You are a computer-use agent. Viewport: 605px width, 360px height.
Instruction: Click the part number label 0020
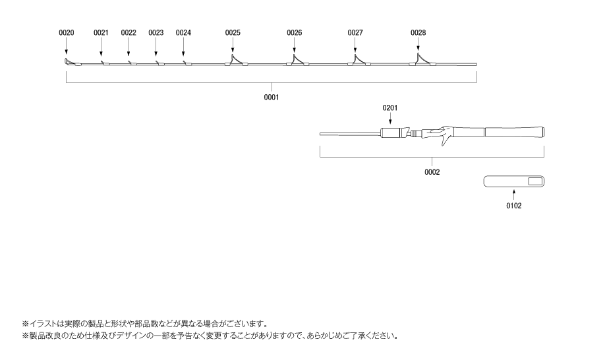coord(67,33)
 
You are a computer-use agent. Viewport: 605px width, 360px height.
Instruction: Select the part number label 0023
coord(156,33)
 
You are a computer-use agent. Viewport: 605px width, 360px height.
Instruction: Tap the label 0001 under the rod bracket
coord(272,97)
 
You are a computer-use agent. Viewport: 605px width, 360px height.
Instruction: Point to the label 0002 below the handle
coord(432,172)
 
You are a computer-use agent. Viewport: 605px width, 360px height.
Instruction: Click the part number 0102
coord(514,206)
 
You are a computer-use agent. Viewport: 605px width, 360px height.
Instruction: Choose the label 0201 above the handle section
coord(389,107)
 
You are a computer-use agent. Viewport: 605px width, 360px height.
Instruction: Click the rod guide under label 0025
coord(236,60)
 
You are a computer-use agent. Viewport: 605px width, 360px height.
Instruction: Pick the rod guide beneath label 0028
coord(422,59)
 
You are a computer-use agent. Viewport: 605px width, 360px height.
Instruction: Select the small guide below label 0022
coord(130,63)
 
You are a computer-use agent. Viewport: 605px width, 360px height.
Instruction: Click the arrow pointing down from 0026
coord(295,45)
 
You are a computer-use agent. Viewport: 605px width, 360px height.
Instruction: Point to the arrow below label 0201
coord(390,119)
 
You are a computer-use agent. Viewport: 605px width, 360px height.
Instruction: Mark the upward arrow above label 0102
coord(514,194)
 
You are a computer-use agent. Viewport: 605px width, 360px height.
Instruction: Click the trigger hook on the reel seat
coord(447,140)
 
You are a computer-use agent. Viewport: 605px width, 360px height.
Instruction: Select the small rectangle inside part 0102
coord(535,181)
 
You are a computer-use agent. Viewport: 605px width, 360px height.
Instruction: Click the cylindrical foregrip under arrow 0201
coord(390,133)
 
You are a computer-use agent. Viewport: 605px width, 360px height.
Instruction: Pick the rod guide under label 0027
coord(359,60)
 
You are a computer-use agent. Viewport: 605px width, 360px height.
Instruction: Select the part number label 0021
coord(101,33)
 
